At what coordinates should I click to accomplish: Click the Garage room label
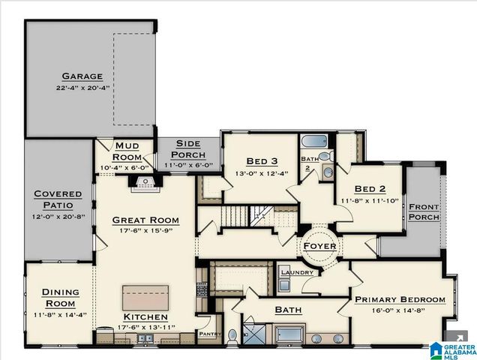(x=82, y=76)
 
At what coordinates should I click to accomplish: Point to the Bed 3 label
(x=261, y=161)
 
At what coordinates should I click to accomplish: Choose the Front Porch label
(x=424, y=211)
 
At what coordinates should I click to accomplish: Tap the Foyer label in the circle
(x=319, y=246)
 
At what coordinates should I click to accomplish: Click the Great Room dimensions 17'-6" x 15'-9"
(x=145, y=231)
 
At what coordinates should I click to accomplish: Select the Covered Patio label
(x=58, y=199)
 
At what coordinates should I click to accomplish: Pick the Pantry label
(x=207, y=333)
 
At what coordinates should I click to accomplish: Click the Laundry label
(x=297, y=271)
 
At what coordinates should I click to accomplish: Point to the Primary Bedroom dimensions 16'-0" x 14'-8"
(x=400, y=310)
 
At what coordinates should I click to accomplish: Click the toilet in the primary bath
(x=232, y=335)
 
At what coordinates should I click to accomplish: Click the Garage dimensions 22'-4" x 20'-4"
(x=82, y=88)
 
